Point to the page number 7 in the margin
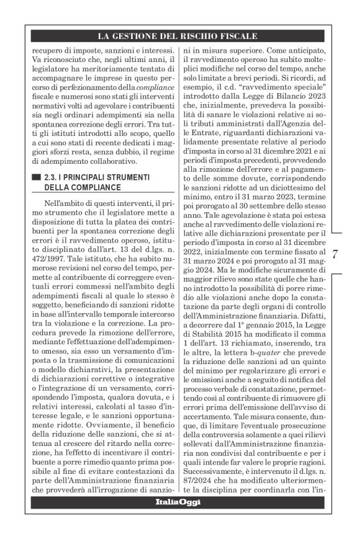(335, 255)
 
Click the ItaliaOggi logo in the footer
(178, 501)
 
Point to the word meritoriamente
(97, 73)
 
